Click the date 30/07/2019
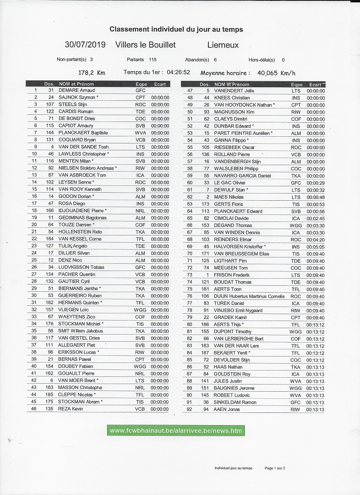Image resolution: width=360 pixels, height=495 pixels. tap(85, 45)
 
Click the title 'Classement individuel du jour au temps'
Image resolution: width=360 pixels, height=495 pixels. tap(176, 29)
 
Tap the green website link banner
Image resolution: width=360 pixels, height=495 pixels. tap(176, 431)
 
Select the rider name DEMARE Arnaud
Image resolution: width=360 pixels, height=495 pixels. tap(77, 90)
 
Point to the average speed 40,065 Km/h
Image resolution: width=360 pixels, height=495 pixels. tap(276, 73)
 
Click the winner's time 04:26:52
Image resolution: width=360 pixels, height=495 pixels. tap(178, 72)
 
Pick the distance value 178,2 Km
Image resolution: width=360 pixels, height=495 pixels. tap(92, 73)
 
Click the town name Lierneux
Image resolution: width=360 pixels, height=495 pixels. tap(223, 45)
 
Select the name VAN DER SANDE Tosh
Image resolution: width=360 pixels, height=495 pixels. tap(83, 147)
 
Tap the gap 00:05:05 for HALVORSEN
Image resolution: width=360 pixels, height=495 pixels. tap(316, 246)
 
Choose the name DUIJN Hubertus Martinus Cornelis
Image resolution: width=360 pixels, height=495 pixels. tap(249, 296)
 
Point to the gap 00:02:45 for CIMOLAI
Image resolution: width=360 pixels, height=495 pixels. tap(316, 218)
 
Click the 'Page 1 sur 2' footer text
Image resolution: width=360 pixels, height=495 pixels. tap(275, 468)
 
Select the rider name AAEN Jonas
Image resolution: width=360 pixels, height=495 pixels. tap(227, 409)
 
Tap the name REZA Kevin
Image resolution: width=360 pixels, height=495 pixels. tap(71, 409)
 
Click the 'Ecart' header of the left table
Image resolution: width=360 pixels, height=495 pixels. tap(160, 84)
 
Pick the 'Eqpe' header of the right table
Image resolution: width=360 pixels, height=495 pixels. tap(297, 85)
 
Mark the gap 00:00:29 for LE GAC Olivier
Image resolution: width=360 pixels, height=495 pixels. tap(316, 183)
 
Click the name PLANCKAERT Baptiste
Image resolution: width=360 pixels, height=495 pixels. tap(83, 133)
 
